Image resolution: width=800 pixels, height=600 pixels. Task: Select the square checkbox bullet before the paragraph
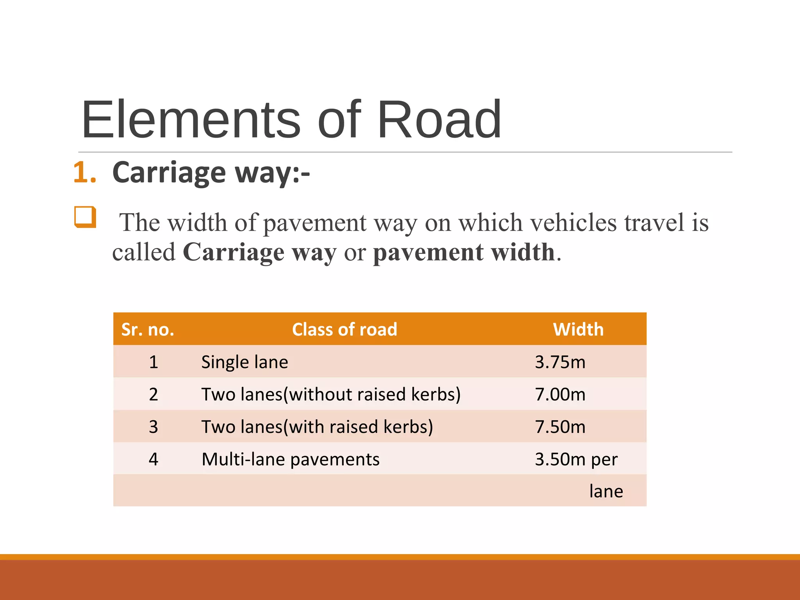pyautogui.click(x=85, y=217)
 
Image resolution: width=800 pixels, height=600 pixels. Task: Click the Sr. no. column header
pyautogui.click(x=148, y=330)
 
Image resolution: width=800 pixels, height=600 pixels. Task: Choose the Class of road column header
pyautogui.click(x=345, y=330)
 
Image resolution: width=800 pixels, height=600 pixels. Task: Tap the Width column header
pyautogui.click(x=578, y=330)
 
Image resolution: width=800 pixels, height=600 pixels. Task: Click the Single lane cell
pyautogui.click(x=245, y=362)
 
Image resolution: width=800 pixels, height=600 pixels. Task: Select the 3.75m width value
pyautogui.click(x=560, y=362)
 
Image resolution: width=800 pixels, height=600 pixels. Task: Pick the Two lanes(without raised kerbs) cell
pyautogui.click(x=331, y=395)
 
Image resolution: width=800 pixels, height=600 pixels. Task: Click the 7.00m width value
pyautogui.click(x=560, y=395)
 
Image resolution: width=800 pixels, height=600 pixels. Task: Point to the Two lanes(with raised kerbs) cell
pyautogui.click(x=317, y=427)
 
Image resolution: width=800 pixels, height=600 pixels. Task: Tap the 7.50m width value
pyautogui.click(x=560, y=427)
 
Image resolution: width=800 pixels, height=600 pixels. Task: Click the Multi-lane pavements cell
pyautogui.click(x=290, y=459)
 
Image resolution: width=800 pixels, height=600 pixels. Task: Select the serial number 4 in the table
pyautogui.click(x=154, y=459)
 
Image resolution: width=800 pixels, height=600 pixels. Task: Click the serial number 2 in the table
pyautogui.click(x=154, y=395)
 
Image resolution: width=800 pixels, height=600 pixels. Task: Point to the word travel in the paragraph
pyautogui.click(x=654, y=223)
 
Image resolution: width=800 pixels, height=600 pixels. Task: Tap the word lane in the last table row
pyautogui.click(x=606, y=491)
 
